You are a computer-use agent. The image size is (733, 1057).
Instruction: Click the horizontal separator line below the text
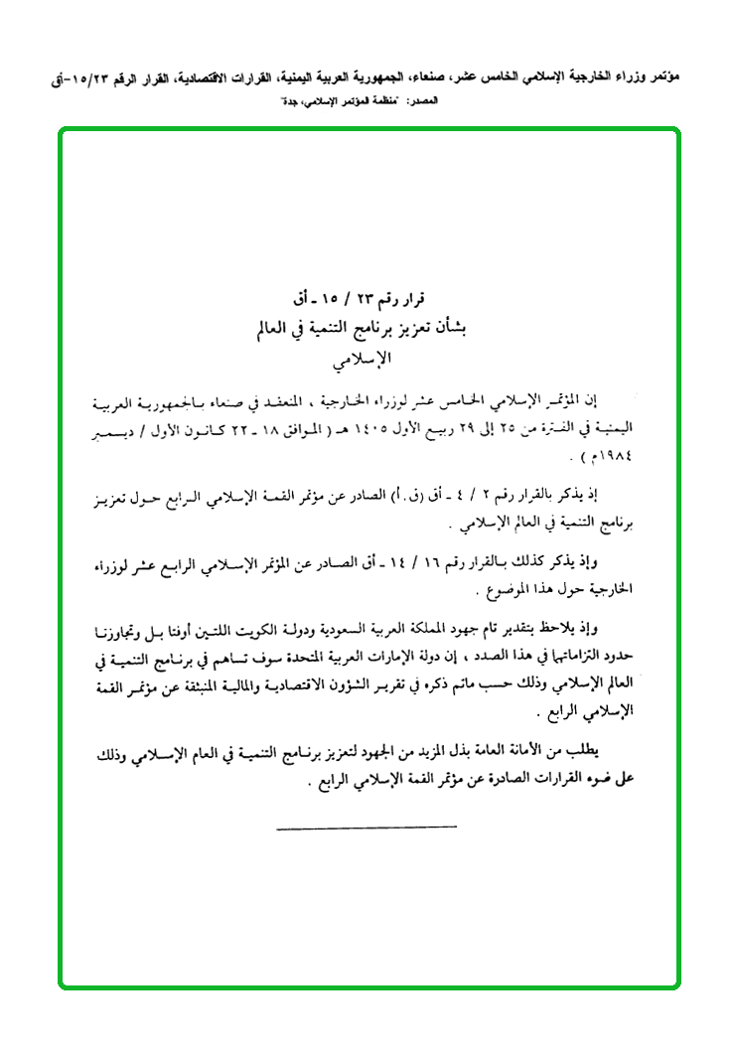click(x=366, y=827)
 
